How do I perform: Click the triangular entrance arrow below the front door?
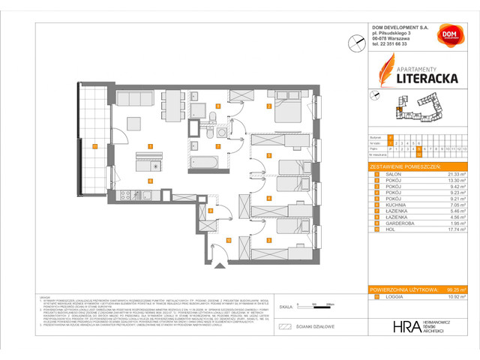(x=220, y=265)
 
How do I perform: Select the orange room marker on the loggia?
(x=94, y=146)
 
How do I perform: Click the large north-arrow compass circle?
(x=355, y=45)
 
